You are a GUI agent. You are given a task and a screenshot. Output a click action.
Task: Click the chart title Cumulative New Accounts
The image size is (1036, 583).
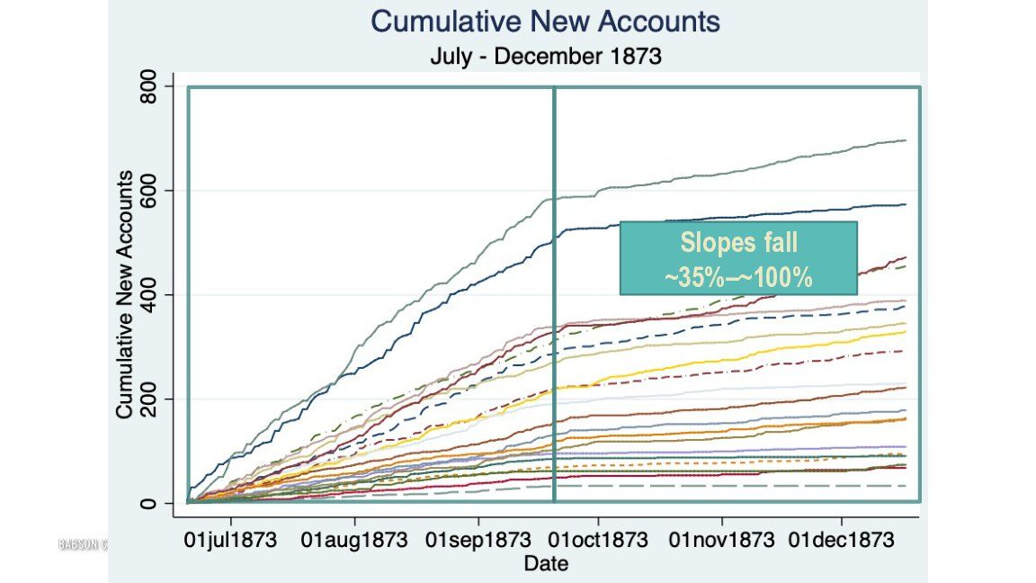tap(545, 22)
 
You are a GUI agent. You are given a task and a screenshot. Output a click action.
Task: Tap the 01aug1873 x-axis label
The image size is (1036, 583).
tap(354, 541)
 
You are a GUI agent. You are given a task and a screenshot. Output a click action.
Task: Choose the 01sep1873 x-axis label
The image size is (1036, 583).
tap(478, 541)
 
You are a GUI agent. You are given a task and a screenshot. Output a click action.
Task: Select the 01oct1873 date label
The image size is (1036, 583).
tap(597, 541)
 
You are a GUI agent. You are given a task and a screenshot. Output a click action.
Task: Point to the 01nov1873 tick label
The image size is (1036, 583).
tap(721, 541)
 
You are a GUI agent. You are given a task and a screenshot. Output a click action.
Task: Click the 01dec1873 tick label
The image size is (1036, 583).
tap(842, 541)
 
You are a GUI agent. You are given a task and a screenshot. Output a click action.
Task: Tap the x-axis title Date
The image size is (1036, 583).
tap(546, 564)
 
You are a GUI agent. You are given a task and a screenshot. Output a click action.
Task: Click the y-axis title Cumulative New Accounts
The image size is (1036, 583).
tap(126, 295)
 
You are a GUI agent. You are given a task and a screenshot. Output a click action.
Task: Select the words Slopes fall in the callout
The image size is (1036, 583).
tap(738, 243)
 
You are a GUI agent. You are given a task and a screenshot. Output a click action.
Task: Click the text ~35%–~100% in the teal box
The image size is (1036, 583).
tap(738, 277)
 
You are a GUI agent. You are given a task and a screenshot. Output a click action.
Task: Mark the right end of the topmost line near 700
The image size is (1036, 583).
tap(905, 140)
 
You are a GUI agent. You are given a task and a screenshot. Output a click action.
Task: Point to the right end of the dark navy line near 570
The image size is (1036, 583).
tap(905, 205)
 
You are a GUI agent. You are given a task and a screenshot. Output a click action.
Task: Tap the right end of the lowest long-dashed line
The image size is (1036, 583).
tap(905, 486)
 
